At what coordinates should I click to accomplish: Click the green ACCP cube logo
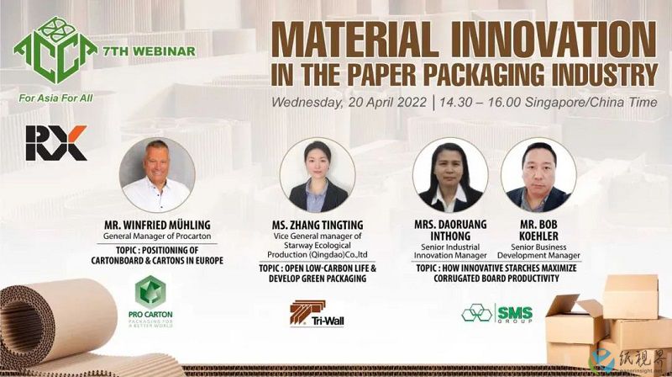[x=55, y=50]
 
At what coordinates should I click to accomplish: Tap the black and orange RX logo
[x=56, y=143]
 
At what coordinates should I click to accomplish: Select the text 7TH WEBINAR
[x=150, y=51]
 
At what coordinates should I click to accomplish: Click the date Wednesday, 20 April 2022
[x=349, y=103]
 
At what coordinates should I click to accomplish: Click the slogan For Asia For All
[x=55, y=98]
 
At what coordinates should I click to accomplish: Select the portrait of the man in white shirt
[x=157, y=175]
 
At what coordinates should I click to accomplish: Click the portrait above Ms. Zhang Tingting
[x=318, y=175]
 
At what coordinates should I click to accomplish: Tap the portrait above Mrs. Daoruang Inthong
[x=450, y=175]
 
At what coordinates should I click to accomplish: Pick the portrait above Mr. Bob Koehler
[x=538, y=175]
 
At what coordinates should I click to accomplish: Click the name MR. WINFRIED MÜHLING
[x=157, y=225]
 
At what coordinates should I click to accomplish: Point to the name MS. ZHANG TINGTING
[x=318, y=225]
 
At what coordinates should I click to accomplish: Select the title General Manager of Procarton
[x=157, y=236]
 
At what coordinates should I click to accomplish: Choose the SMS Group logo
[x=497, y=313]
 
